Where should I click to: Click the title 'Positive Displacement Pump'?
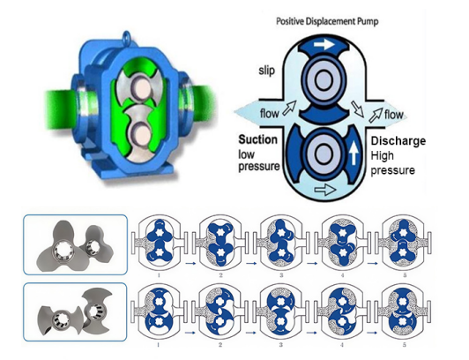pyautogui.click(x=327, y=21)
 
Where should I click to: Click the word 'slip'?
pyautogui.click(x=266, y=71)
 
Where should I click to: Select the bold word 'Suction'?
pyautogui.click(x=257, y=139)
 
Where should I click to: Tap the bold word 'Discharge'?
pyautogui.click(x=398, y=140)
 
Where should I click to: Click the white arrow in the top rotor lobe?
pyautogui.click(x=324, y=45)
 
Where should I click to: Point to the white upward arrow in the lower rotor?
pyautogui.click(x=354, y=153)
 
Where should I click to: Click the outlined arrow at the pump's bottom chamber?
pyautogui.click(x=325, y=190)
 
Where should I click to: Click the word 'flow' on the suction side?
pyautogui.click(x=269, y=114)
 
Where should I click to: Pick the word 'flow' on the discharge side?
pyautogui.click(x=393, y=115)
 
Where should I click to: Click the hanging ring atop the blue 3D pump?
pyautogui.click(x=127, y=36)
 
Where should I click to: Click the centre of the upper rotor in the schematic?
pyautogui.click(x=323, y=80)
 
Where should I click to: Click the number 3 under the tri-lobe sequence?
pyautogui.click(x=281, y=275)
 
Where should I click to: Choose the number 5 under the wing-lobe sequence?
pyautogui.click(x=405, y=345)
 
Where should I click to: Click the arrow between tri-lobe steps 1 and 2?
pyautogui.click(x=190, y=263)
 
